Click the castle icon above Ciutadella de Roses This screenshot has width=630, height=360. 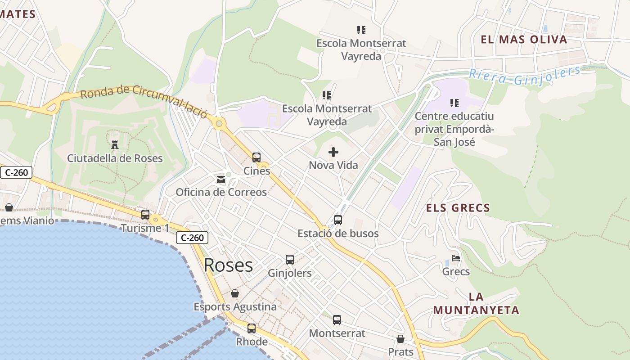[x=115, y=145]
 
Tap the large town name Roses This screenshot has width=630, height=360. [x=228, y=265]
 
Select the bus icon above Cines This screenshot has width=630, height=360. [x=256, y=157]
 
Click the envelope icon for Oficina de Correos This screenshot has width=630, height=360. [x=220, y=180]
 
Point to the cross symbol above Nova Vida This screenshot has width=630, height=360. [x=333, y=152]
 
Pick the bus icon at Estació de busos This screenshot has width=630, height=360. [x=338, y=220]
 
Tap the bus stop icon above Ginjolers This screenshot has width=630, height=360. [x=290, y=260]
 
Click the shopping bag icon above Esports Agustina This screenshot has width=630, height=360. [x=235, y=294]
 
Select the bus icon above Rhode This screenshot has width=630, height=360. [x=252, y=328]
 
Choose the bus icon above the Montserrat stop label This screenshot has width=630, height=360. [x=337, y=320]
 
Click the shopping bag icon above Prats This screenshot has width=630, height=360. [x=400, y=339]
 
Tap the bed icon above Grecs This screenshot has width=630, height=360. [x=456, y=259]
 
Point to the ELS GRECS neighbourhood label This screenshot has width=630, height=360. [x=458, y=208]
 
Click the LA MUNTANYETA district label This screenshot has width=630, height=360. [x=476, y=304]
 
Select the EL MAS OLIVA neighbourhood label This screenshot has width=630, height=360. [x=524, y=40]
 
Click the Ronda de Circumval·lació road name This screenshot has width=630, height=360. [x=144, y=100]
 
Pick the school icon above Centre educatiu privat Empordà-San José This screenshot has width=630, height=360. [x=454, y=103]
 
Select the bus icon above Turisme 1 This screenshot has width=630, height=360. [x=145, y=215]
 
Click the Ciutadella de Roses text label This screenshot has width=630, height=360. [x=115, y=158]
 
